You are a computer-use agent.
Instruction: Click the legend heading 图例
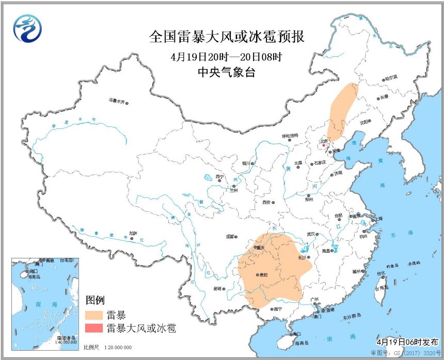(95, 300)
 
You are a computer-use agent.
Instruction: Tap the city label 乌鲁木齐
(116, 101)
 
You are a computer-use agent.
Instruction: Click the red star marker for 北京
(324, 145)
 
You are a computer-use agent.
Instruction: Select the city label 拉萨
(133, 233)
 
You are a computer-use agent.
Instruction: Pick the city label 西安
(266, 203)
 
